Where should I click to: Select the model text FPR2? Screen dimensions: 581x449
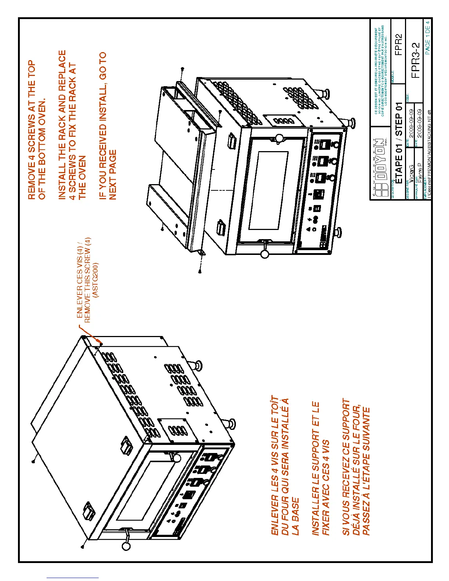coord(398,44)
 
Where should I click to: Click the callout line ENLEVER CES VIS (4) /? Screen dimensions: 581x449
coord(79,280)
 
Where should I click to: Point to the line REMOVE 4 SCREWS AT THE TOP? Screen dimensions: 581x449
coord(32,130)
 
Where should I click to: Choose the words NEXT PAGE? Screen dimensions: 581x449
coord(112,175)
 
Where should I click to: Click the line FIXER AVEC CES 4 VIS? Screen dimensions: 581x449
coord(326,488)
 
